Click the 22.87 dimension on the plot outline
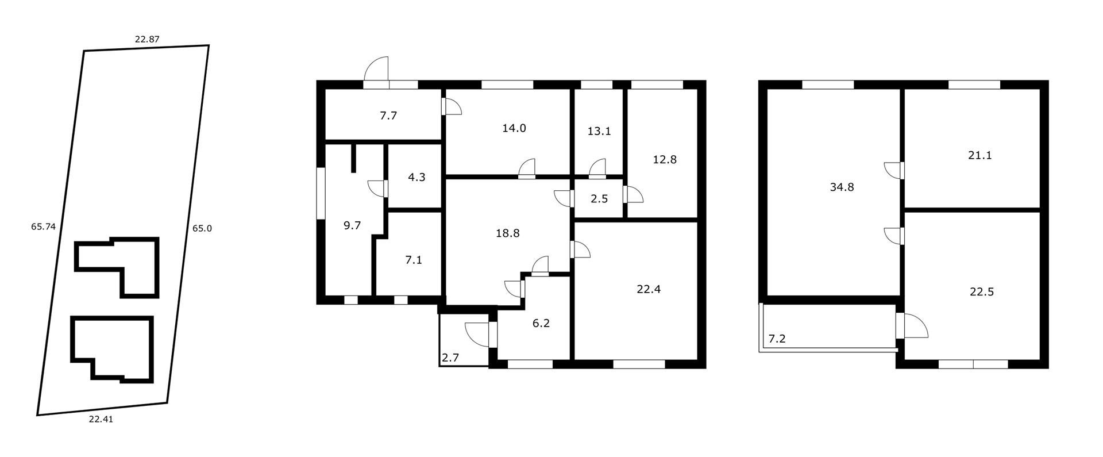146,40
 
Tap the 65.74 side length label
43,226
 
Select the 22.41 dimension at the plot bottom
101,419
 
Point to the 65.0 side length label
202,228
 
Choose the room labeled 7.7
388,116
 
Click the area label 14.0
514,128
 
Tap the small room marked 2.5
599,199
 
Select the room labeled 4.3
416,177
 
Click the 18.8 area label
507,233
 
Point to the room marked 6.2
541,324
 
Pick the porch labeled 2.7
450,358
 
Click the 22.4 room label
648,289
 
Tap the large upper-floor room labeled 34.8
842,187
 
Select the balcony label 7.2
777,339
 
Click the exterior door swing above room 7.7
377,70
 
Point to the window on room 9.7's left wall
321,193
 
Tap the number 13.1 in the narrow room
599,131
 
